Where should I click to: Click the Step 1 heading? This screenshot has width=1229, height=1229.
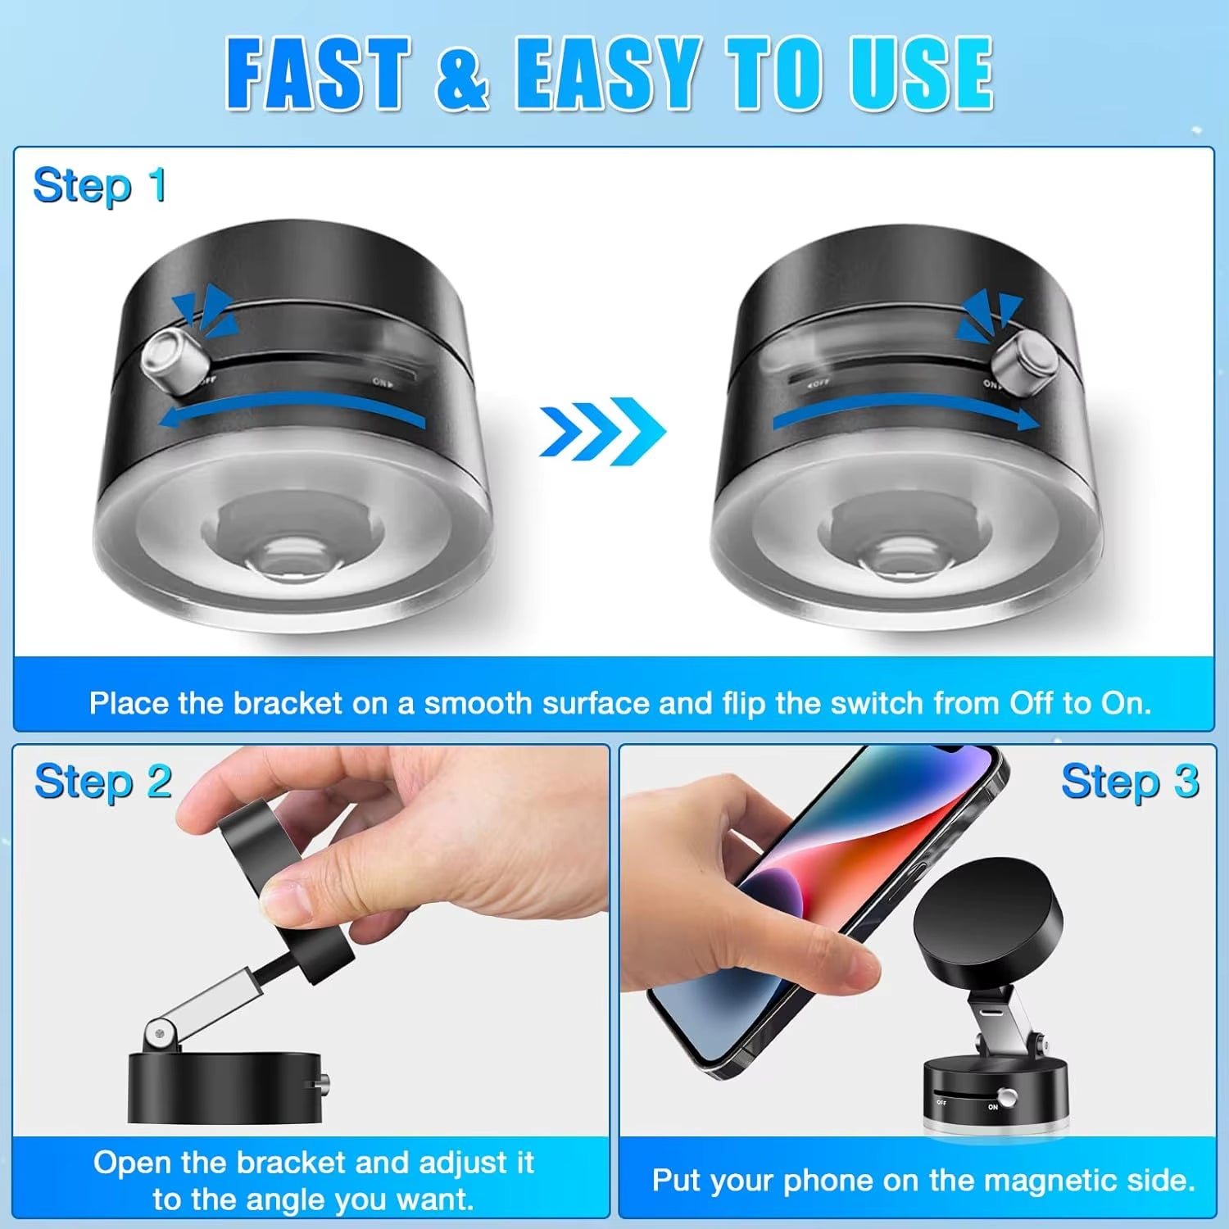point(99,186)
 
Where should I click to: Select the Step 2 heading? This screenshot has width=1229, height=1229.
point(102,782)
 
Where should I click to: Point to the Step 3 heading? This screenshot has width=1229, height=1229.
point(1129,782)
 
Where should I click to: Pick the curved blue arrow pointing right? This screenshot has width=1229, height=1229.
point(905,414)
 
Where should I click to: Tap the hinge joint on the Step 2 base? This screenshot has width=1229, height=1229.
point(161,1036)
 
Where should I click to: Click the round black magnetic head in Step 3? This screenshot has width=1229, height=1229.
point(987,922)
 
